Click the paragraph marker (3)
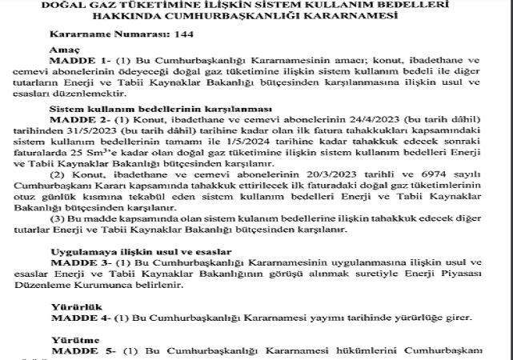(x=56, y=218)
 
